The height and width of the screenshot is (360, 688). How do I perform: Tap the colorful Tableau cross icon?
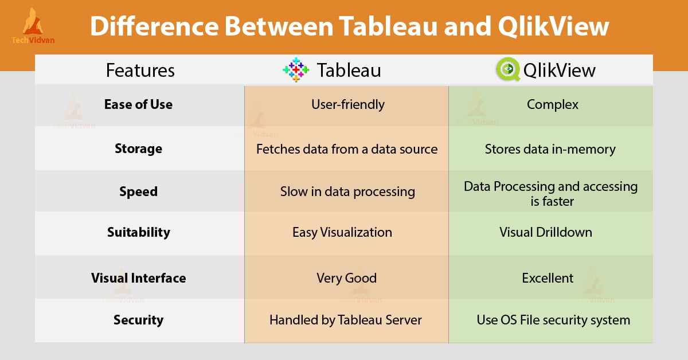(x=296, y=69)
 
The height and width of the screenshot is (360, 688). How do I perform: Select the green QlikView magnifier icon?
(x=508, y=69)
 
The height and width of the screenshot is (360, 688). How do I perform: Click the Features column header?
(x=140, y=70)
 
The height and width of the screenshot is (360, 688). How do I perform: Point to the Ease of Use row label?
(x=138, y=104)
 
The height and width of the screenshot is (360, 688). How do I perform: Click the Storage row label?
(x=138, y=149)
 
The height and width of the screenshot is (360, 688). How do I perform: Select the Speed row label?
(x=138, y=191)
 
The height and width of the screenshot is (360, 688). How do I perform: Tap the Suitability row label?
(x=138, y=232)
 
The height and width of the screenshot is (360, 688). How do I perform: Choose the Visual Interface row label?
(x=138, y=278)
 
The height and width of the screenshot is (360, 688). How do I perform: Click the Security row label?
(x=138, y=320)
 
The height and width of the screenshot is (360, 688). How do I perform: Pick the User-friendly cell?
(x=347, y=104)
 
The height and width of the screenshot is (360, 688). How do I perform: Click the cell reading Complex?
(x=552, y=104)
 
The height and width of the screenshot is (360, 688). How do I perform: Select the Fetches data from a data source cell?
(x=346, y=149)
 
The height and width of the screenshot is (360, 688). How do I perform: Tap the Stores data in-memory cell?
(x=550, y=149)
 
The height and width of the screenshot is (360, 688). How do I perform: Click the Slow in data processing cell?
(x=347, y=191)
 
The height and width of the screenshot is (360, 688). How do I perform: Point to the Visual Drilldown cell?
(x=545, y=232)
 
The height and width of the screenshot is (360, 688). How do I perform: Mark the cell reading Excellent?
(x=548, y=278)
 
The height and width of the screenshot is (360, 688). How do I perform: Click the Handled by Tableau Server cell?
(x=345, y=320)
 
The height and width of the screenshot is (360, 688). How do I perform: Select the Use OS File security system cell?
(x=553, y=320)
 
